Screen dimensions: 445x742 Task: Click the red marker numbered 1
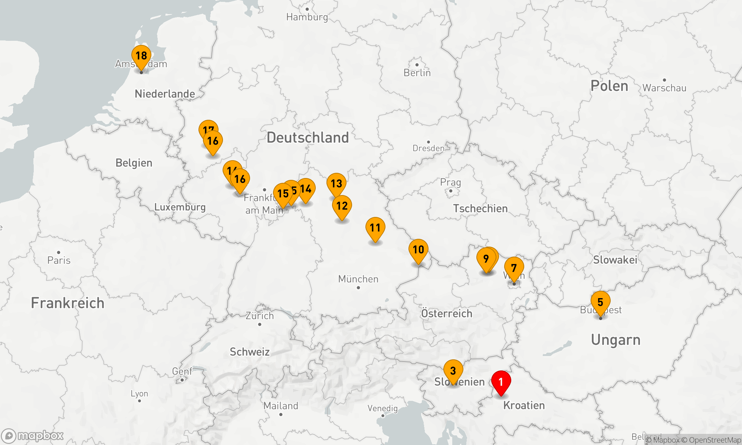coord(501,382)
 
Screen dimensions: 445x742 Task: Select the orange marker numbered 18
coord(141,56)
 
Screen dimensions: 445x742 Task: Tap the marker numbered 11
coord(375,228)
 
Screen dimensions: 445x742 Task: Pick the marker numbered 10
coord(418,250)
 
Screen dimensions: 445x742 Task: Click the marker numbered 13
coord(336,184)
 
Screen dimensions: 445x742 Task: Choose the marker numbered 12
coord(342,206)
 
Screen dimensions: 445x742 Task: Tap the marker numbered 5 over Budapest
coord(600,302)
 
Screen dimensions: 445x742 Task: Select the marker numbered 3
coord(453,370)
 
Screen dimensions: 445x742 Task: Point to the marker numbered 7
coord(514,268)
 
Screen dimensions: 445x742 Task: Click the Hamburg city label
coord(307,17)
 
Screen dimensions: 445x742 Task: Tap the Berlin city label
coord(417,73)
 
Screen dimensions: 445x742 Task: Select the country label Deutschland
coord(308,138)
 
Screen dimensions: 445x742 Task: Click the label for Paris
coord(59,260)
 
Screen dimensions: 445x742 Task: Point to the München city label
coord(358,279)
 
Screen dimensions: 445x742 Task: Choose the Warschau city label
coord(664,88)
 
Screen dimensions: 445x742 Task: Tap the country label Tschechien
coord(480,208)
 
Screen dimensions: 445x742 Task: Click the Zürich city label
coord(260,316)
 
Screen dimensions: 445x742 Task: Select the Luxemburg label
coord(180,207)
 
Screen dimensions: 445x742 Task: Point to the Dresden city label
coord(429,148)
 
